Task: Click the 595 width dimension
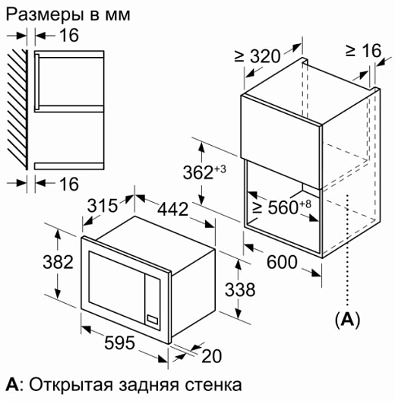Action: (119, 342)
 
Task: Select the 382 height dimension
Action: (58, 262)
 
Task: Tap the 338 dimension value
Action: (240, 289)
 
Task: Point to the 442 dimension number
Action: (173, 209)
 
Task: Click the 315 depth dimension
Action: (103, 206)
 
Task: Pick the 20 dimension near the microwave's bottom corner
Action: (211, 356)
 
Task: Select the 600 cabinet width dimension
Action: (282, 262)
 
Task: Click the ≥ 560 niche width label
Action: (282, 207)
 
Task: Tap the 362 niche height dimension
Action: (204, 172)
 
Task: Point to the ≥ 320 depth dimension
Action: (257, 56)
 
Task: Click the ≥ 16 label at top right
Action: (363, 50)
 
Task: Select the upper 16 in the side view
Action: (69, 35)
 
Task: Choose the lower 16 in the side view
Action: (69, 184)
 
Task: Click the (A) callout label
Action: (347, 320)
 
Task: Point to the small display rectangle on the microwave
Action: (152, 320)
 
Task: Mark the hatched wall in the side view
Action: (17, 109)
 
